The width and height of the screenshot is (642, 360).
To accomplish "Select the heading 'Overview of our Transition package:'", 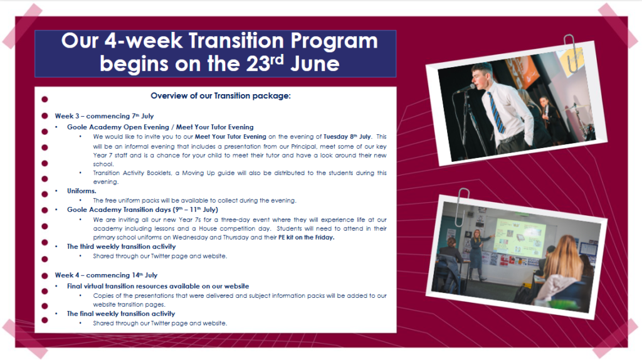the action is tap(221, 96).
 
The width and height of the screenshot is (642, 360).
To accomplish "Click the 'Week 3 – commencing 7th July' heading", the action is tap(105, 116).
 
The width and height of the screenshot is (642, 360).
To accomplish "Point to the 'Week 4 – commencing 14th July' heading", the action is tap(106, 275).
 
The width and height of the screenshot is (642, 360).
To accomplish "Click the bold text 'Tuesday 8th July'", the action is tap(347, 136).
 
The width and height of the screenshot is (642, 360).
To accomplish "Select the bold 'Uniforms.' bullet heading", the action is tap(82, 191).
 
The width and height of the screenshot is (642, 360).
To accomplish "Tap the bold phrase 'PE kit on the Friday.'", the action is tap(306, 237).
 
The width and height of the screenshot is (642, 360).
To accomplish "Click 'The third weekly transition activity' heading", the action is tap(121, 246).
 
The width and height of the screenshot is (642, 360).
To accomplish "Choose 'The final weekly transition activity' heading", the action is tap(121, 314).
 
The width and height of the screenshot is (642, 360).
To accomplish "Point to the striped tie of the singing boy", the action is tap(496, 113).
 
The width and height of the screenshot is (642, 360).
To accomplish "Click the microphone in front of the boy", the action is tap(466, 88).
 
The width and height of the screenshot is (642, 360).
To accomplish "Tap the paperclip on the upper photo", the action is tap(570, 53).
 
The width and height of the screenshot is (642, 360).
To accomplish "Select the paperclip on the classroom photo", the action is tap(461, 207).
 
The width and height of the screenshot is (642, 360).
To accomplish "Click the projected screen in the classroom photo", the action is tap(520, 237).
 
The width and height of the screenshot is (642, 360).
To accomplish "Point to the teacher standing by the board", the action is tap(476, 254).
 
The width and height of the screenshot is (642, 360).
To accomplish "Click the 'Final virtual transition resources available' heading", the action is tap(158, 286).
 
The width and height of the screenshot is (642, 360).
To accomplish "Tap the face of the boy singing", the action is tap(480, 77).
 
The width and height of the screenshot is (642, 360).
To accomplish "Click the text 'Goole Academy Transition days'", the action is tap(119, 209).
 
